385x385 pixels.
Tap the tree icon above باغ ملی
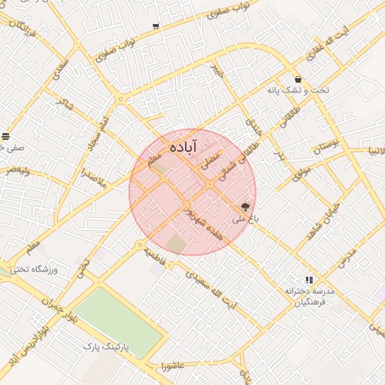246,205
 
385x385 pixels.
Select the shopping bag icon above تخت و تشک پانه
299,78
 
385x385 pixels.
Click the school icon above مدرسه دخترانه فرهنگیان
308,280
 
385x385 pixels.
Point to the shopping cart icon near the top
156,26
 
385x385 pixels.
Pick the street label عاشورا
174,366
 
